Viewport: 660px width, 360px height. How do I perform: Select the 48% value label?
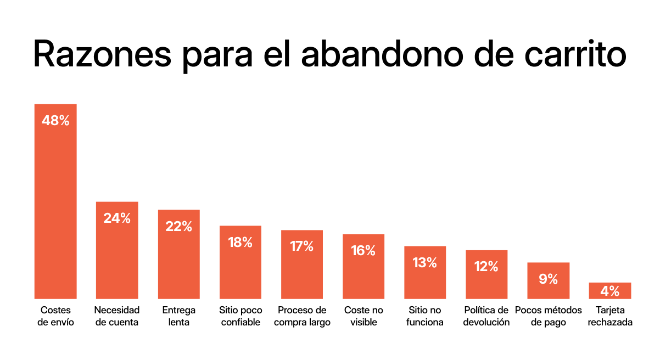[x=55, y=121]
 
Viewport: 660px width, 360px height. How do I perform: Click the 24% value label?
[x=117, y=218]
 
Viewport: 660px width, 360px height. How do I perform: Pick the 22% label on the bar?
[x=178, y=226]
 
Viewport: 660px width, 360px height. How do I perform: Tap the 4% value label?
[x=610, y=291]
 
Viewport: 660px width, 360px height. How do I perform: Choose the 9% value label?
[x=548, y=279]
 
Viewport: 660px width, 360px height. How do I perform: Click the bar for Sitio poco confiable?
[x=240, y=269]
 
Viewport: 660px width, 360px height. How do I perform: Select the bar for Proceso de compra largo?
[x=301, y=272]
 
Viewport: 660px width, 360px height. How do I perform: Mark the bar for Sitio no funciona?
[x=425, y=280]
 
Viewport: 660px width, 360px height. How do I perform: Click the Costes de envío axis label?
[x=55, y=316]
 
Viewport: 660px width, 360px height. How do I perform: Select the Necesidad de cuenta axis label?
[x=117, y=316]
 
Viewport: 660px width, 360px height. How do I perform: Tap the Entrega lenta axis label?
[x=178, y=316]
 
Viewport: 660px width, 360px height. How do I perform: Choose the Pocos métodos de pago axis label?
[x=548, y=316]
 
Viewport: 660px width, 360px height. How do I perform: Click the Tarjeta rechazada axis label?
[x=610, y=316]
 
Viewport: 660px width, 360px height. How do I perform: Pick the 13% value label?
[x=425, y=262]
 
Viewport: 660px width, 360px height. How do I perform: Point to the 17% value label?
[x=301, y=246]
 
